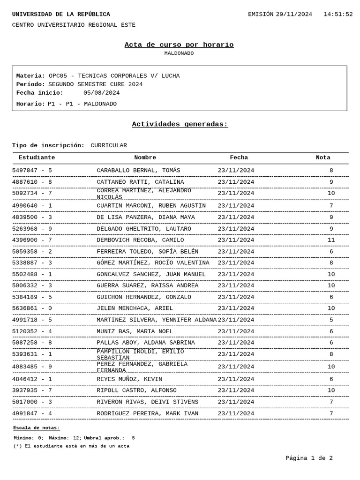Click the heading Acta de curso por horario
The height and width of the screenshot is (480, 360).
[x=179, y=45]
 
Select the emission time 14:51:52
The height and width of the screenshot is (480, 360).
[x=337, y=15]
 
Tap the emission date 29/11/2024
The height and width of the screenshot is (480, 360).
[x=293, y=15]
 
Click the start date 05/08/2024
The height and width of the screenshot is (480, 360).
[x=101, y=93]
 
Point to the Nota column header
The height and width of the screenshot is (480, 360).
[x=322, y=158]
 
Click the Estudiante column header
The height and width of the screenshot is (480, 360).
[x=37, y=158]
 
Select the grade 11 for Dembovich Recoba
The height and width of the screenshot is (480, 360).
[x=331, y=240]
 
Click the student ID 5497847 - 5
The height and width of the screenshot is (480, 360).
[x=32, y=171]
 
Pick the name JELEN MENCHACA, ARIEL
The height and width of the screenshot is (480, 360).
[x=135, y=308]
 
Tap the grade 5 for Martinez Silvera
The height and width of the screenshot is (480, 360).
[x=331, y=320]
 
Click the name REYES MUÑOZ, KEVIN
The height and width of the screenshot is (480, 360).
[x=129, y=379]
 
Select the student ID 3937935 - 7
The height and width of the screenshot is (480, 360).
[x=32, y=390]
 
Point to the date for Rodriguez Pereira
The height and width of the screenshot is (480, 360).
[x=236, y=413]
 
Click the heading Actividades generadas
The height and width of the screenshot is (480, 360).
[x=180, y=124]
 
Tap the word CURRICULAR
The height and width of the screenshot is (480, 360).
[x=109, y=146]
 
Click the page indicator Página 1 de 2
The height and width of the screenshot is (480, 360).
[x=309, y=458]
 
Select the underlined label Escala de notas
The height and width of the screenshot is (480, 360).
[x=37, y=428]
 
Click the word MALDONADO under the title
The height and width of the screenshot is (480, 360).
[x=179, y=53]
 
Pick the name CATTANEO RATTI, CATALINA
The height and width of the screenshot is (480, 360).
[x=140, y=182]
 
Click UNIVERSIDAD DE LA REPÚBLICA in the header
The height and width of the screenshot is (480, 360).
[x=61, y=15]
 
